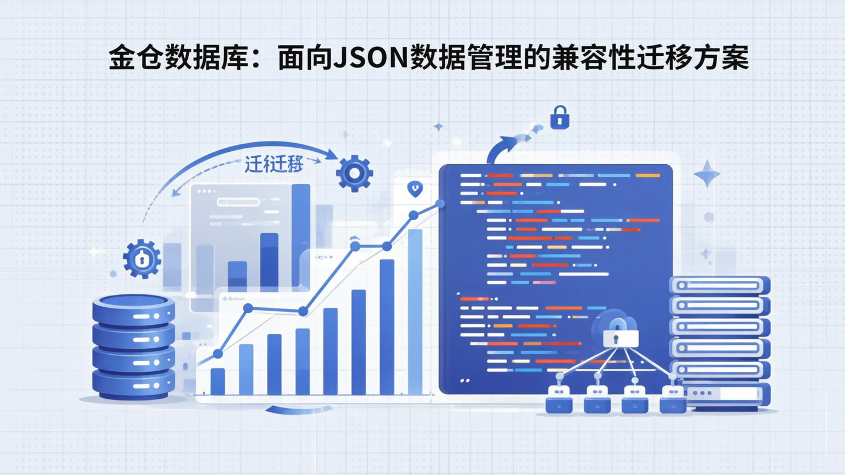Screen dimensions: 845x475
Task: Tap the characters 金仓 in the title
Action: click(134, 59)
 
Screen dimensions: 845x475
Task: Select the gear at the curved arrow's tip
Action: click(354, 173)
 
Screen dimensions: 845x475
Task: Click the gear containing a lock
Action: click(142, 258)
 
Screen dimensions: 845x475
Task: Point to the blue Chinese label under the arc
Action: click(273, 165)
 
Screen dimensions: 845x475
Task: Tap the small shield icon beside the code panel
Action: click(415, 189)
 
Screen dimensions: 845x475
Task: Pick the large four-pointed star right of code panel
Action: click(707, 173)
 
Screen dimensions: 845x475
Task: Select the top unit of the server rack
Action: click(719, 285)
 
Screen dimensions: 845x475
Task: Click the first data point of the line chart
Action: click(218, 354)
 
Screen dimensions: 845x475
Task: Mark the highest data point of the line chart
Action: click(440, 203)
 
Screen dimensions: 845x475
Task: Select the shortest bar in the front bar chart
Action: click(217, 381)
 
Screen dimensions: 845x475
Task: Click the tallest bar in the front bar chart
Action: click(415, 311)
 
